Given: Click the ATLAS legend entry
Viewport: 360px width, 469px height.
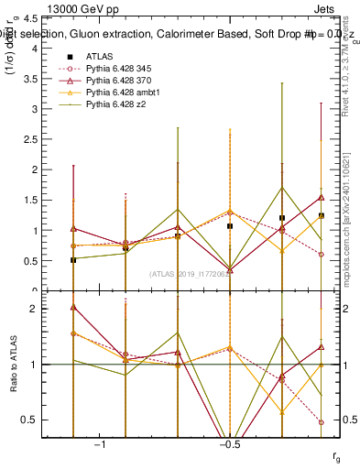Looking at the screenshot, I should pos(99,57).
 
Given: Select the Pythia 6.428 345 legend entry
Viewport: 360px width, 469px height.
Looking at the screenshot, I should pos(120,69).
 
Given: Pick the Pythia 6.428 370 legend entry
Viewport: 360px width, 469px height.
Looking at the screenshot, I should pos(120,82).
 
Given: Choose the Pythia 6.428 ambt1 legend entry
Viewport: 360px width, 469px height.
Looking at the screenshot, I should pos(123,93).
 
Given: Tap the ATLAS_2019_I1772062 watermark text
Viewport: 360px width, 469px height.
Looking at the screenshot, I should pos(191,274).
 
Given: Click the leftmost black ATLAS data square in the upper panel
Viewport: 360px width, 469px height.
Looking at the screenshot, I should pos(73,260).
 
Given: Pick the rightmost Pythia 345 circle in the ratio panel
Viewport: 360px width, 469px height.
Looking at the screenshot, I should pos(322,422).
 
